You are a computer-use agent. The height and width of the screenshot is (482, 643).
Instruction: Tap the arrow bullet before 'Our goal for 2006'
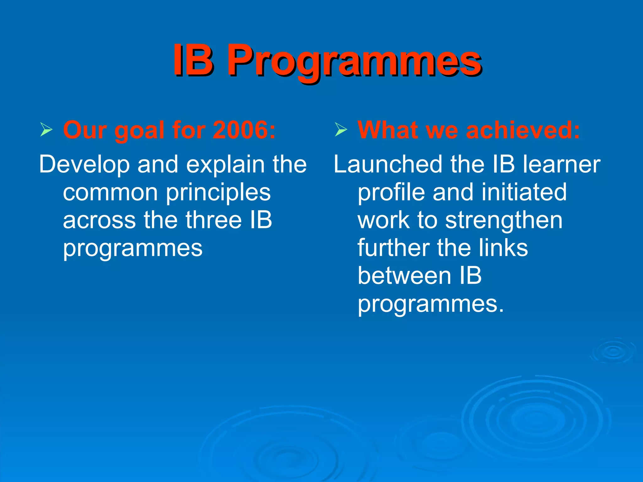46,130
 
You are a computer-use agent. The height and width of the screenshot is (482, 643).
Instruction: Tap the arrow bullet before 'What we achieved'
341,130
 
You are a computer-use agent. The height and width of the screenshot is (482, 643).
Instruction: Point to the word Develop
84,165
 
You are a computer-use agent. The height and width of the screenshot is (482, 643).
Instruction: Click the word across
99,220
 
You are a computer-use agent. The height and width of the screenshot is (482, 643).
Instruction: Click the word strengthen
504,221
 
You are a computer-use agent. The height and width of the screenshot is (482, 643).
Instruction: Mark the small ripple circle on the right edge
613,351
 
